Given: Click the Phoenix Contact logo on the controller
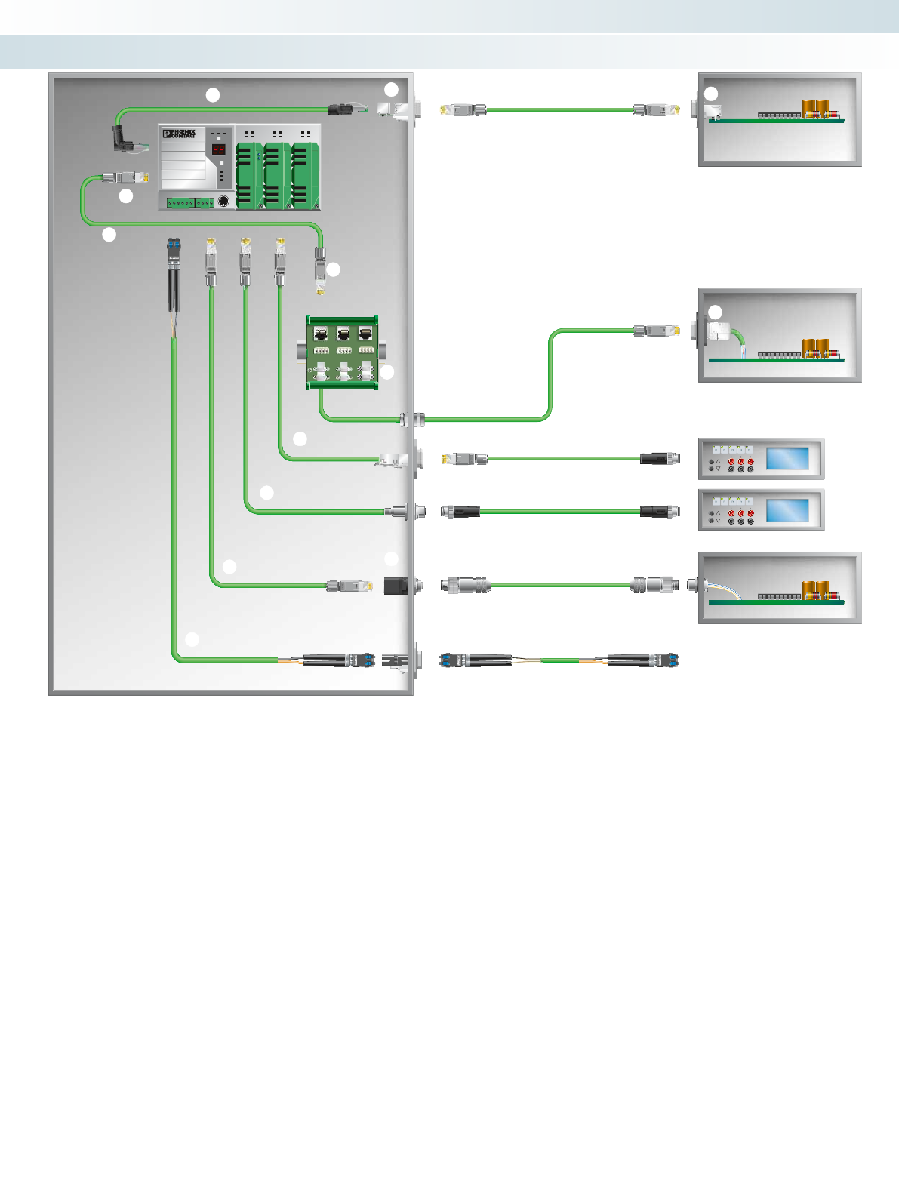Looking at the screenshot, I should click(179, 134).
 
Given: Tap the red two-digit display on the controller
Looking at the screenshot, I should click(219, 149).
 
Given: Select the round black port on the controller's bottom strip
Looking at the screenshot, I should click(223, 202).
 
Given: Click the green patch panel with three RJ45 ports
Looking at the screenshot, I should click(343, 353).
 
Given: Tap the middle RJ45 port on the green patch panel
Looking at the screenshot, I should click(343, 334).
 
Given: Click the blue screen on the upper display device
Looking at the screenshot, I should click(787, 458).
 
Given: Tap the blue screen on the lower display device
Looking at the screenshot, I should click(787, 509).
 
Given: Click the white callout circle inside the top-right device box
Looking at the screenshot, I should click(711, 94).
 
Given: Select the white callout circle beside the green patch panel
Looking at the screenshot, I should click(387, 372).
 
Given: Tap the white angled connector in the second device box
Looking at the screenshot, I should click(718, 333).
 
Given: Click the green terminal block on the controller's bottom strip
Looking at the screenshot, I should click(189, 202).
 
